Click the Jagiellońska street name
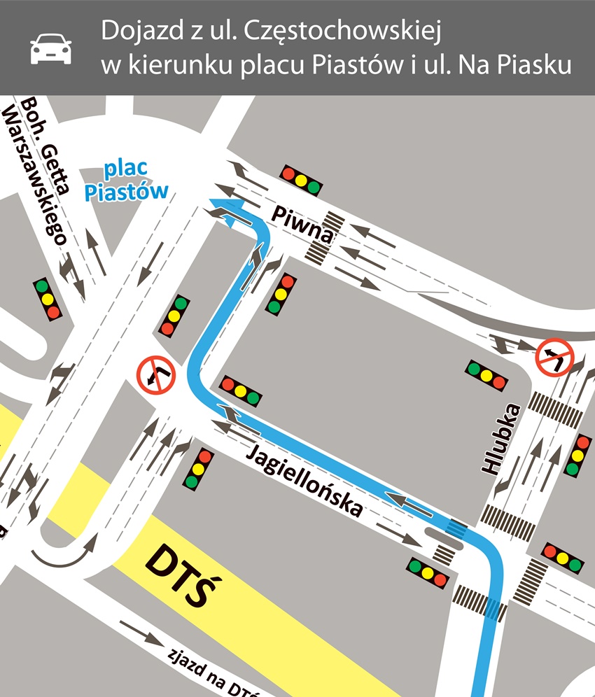click(x=304, y=481)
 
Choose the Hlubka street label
click(x=499, y=441)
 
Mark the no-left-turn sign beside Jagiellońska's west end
click(x=156, y=374)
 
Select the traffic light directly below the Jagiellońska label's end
click(x=428, y=572)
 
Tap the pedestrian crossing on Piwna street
click(x=326, y=238)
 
